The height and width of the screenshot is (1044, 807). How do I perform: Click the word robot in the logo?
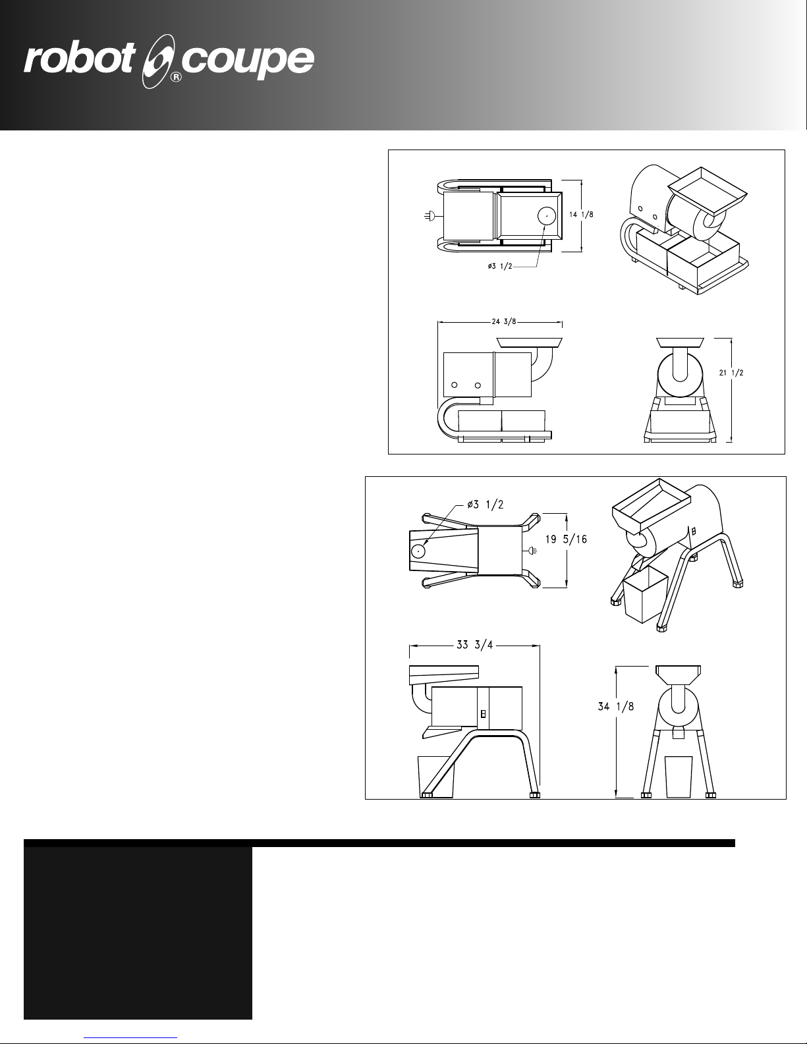click(79, 59)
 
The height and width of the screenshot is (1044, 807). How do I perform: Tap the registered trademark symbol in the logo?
click(177, 77)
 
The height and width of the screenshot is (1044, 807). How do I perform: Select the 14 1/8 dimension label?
click(581, 215)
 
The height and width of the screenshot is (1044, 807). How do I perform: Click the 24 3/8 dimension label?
click(503, 321)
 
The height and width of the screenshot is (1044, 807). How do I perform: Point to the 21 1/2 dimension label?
click(731, 372)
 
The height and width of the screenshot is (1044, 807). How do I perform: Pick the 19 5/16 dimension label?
click(566, 539)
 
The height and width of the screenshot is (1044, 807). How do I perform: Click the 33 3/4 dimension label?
click(474, 644)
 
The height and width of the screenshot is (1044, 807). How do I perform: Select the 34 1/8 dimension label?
click(615, 706)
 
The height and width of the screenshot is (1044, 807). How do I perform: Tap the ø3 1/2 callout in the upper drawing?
click(500, 266)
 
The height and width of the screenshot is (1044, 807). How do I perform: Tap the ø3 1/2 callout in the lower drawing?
click(485, 505)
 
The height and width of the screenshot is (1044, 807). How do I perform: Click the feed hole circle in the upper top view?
click(547, 217)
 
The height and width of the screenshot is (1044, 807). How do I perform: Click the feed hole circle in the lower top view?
click(418, 551)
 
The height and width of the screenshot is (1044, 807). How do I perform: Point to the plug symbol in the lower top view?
click(531, 551)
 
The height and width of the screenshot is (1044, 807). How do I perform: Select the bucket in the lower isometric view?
click(645, 595)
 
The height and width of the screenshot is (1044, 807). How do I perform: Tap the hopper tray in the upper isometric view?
click(707, 190)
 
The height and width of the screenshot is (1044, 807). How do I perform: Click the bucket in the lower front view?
click(679, 777)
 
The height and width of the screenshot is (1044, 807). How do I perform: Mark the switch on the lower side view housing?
click(484, 714)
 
